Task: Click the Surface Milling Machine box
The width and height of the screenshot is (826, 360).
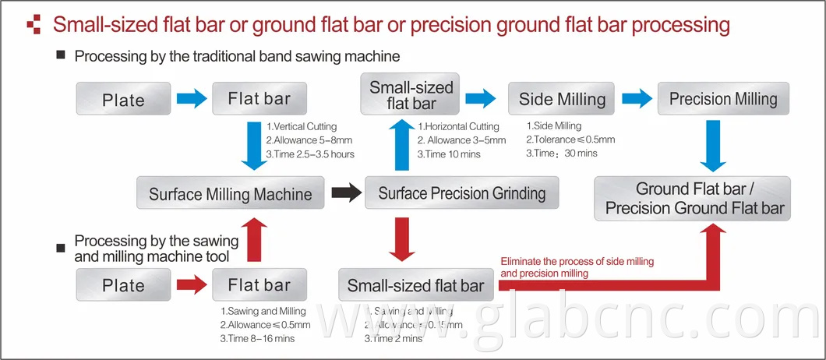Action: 230,193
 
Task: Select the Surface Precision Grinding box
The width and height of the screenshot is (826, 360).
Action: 461,193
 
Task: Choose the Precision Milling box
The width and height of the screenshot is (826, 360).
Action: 723,99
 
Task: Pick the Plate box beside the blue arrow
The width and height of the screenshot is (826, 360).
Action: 123,100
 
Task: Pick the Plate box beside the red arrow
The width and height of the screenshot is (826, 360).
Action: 123,285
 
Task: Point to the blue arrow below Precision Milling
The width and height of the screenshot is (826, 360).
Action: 714,146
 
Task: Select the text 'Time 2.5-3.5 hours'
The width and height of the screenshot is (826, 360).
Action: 310,154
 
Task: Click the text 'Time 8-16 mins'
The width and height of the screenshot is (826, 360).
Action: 257,339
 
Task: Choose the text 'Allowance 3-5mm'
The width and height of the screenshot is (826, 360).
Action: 461,140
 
